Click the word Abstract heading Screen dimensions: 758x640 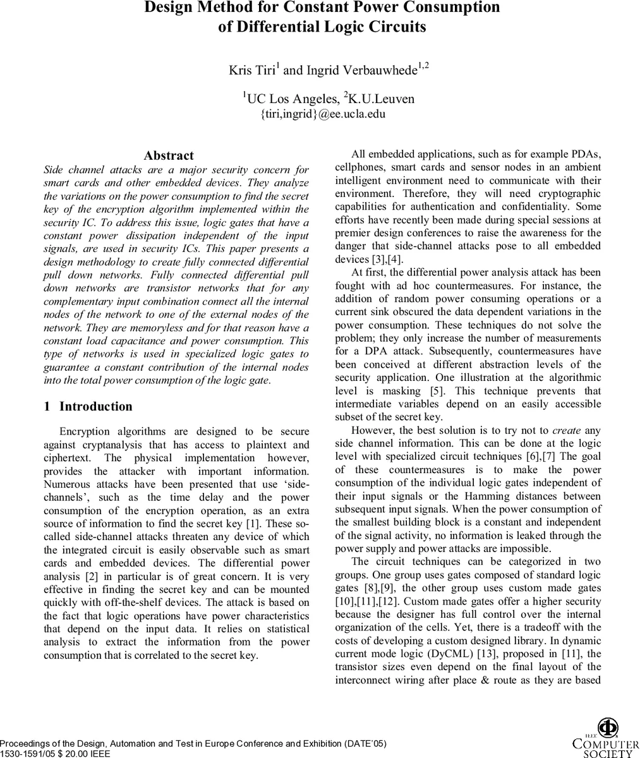pyautogui.click(x=169, y=155)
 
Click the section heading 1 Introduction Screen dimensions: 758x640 pyautogui.click(x=88, y=406)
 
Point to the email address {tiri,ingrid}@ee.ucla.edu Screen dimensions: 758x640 pyautogui.click(x=323, y=114)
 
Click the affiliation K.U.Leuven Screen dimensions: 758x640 pyautogui.click(x=382, y=99)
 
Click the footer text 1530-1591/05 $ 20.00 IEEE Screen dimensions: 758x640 pyautogui.click(x=55, y=754)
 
